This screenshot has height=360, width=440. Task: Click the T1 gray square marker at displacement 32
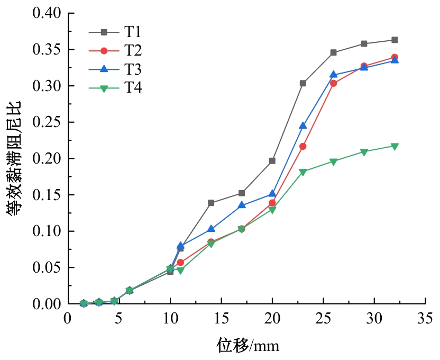click(x=395, y=40)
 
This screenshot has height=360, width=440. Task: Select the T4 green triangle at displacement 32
click(x=395, y=146)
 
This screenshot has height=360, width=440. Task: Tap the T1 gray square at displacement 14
click(x=211, y=203)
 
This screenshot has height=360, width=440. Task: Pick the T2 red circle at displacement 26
click(x=333, y=83)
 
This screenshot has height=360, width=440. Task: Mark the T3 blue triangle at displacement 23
click(x=302, y=125)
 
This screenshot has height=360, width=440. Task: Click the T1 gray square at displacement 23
click(x=302, y=83)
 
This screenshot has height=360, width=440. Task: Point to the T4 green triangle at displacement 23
click(x=302, y=172)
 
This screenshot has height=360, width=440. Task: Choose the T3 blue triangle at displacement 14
click(x=211, y=229)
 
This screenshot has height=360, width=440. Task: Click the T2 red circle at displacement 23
click(x=302, y=146)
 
